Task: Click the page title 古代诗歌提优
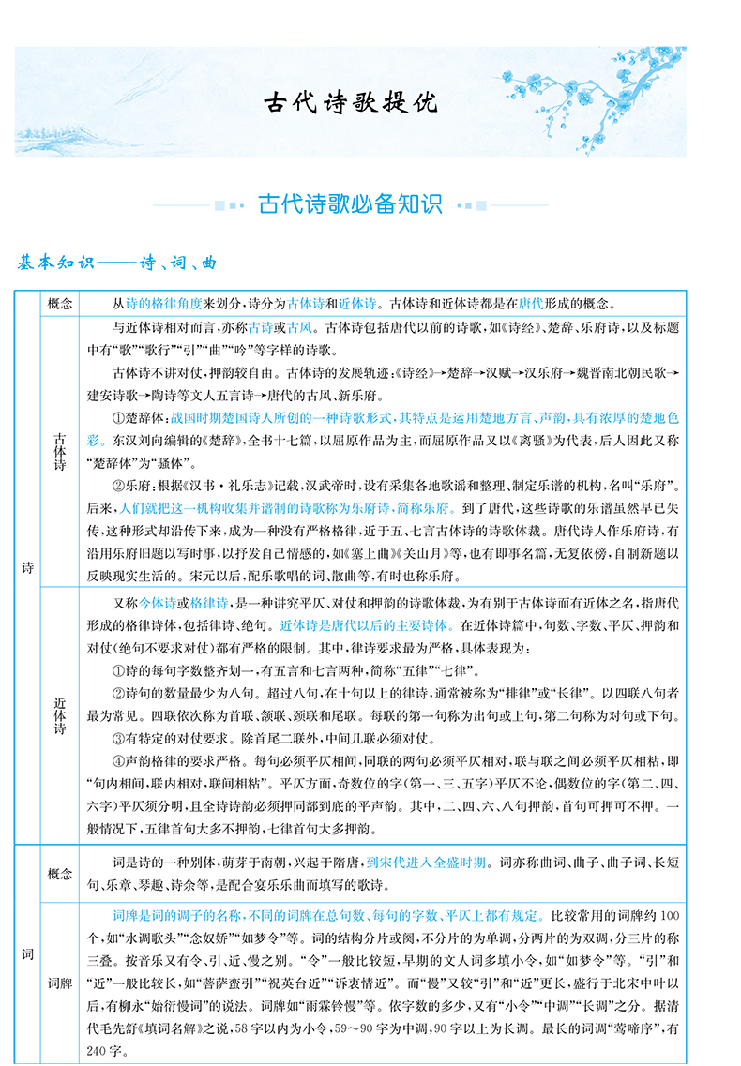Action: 349,101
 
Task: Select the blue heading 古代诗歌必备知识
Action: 350,203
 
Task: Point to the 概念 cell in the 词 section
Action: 58,874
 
